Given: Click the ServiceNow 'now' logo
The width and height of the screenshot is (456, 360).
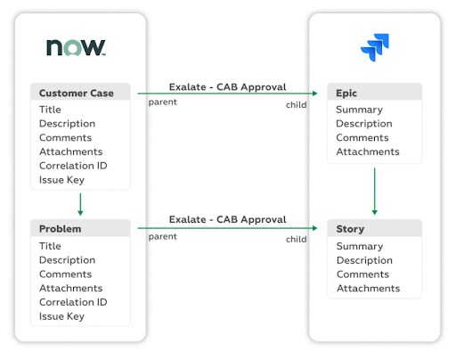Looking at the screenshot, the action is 76,47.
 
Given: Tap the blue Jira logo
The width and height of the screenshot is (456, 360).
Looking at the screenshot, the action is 375,47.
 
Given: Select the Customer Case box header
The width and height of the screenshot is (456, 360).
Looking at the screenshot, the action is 80,92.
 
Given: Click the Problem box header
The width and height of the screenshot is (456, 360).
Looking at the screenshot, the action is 80,228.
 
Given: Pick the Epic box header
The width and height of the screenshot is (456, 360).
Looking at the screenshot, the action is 374,92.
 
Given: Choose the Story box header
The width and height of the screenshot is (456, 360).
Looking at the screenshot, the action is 374,228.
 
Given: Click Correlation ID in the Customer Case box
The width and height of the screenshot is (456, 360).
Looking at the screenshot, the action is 73,166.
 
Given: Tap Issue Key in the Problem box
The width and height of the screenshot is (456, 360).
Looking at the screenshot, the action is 61,316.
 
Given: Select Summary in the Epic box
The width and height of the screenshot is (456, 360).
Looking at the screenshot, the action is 359,110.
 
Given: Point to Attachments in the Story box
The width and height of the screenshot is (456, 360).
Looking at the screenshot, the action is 368,288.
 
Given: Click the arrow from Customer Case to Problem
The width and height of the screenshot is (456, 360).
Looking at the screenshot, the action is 80,204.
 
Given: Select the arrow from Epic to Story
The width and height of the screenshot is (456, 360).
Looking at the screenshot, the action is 374,192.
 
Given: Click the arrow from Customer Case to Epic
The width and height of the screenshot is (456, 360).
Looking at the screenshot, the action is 227,94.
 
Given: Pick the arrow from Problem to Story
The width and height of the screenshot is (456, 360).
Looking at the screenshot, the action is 227,228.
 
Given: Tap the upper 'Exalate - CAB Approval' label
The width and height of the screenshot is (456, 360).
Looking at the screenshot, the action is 227,87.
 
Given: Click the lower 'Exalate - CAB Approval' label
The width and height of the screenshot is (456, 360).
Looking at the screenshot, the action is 227,219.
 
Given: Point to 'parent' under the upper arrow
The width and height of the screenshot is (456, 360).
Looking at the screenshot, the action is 162,102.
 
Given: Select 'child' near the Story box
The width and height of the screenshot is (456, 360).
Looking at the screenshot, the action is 296,239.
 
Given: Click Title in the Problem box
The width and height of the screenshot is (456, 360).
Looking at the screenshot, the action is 50,246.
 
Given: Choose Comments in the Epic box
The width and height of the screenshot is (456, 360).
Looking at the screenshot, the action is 362,137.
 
